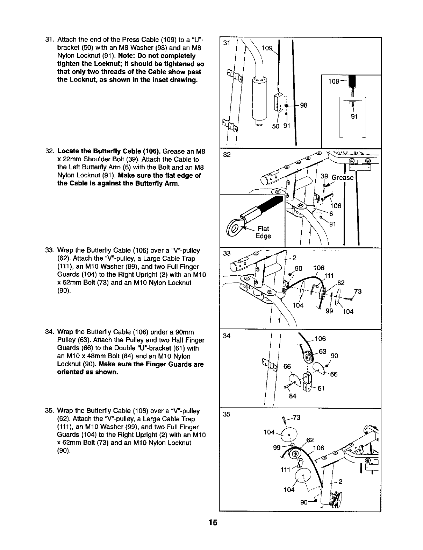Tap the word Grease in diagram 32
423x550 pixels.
[343, 177]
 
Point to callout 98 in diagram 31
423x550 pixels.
[303, 105]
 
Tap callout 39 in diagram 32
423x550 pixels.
[324, 177]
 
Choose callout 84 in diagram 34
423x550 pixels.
[292, 396]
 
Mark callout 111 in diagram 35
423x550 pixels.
[286, 470]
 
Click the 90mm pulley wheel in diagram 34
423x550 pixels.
[308, 358]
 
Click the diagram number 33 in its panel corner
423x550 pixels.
[227, 253]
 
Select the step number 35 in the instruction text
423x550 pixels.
[49, 410]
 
